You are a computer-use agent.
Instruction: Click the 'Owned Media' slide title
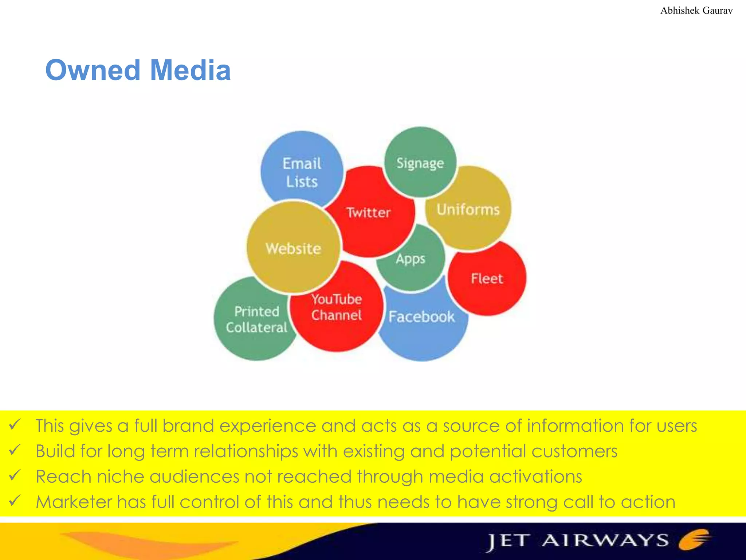click(x=138, y=70)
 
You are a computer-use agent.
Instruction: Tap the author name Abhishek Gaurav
click(x=696, y=11)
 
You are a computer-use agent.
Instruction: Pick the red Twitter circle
click(x=369, y=212)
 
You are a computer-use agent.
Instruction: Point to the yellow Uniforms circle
click(x=468, y=210)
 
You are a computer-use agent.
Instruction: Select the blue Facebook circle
click(x=422, y=324)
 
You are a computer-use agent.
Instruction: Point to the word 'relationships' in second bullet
click(x=246, y=451)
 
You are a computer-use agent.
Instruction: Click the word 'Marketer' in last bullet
click(x=74, y=502)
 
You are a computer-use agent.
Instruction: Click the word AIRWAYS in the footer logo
click(x=605, y=540)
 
